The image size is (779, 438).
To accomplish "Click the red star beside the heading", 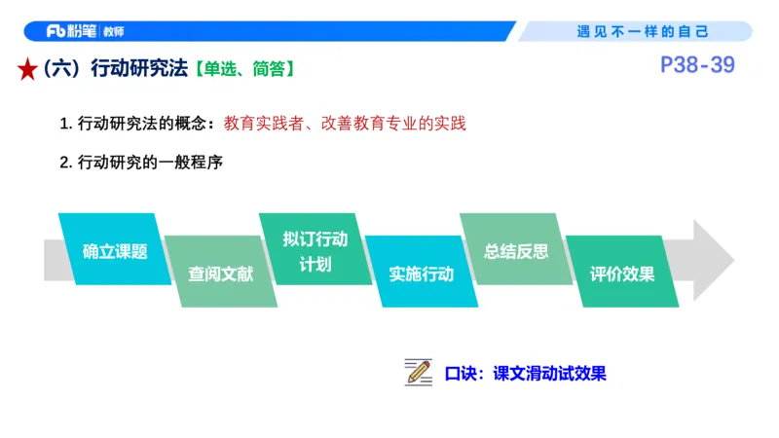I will tap(27, 69).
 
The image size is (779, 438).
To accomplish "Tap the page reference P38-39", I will tap(696, 65).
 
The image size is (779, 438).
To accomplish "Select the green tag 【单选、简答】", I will tap(244, 69).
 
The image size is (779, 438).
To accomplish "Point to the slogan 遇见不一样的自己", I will tap(644, 31).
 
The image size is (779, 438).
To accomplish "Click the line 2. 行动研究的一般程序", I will tap(142, 162).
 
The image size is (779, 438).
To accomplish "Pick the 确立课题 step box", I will tap(115, 250).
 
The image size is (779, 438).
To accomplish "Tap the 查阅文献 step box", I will tap(220, 274).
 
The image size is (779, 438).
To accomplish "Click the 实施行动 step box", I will tap(421, 274).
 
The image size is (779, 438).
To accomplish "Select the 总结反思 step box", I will tap(516, 250).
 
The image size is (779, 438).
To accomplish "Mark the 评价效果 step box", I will tap(622, 274).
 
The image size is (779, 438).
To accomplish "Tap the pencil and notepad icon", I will tap(418, 372).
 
